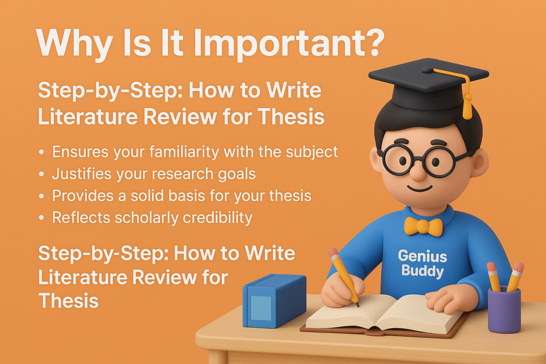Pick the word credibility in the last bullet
pos(218,218)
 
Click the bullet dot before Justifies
pos(42,174)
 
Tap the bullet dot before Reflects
pos(42,218)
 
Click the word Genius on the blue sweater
pos(422,256)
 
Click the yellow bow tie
pos(423,226)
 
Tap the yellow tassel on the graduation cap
pos(467,104)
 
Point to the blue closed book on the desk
pos(275,301)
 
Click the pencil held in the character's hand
pos(343,277)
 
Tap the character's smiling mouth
pos(420,188)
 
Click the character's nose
pos(419,171)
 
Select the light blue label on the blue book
pos(261,308)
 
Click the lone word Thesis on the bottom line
pos(69,301)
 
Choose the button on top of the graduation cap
pos(428,70)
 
